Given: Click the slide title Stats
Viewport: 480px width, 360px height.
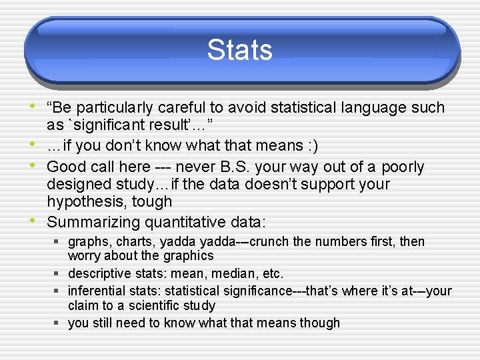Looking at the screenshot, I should tap(239, 51).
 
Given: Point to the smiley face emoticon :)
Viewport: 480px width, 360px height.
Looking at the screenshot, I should tap(311, 145).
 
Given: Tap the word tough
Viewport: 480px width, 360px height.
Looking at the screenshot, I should tap(153, 201).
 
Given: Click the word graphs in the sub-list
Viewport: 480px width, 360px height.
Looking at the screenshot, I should tap(86, 241).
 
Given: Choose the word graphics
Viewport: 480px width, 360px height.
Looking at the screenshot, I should tap(188, 256).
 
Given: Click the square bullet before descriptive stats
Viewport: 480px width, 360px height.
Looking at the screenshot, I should tap(59, 273).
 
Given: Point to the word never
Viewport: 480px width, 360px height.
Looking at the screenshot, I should tap(196, 167).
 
